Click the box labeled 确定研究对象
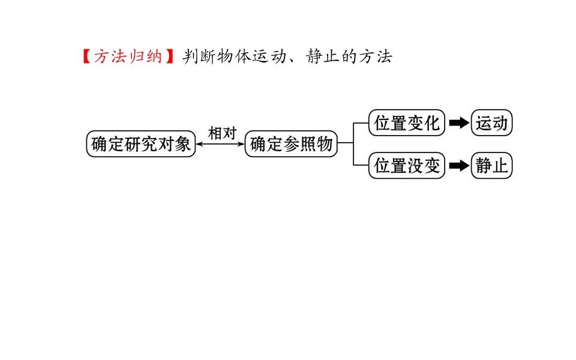(141, 144)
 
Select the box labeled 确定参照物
(291, 144)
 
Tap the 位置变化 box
(407, 123)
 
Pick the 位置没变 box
(407, 166)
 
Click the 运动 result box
(492, 123)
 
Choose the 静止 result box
(492, 166)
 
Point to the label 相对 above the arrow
(222, 133)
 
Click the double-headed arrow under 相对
(220, 144)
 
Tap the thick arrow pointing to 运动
(458, 123)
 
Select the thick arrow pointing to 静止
(458, 166)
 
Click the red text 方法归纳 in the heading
(128, 57)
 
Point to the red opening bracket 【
(85, 57)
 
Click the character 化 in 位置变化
(432, 123)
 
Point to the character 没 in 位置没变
(415, 166)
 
